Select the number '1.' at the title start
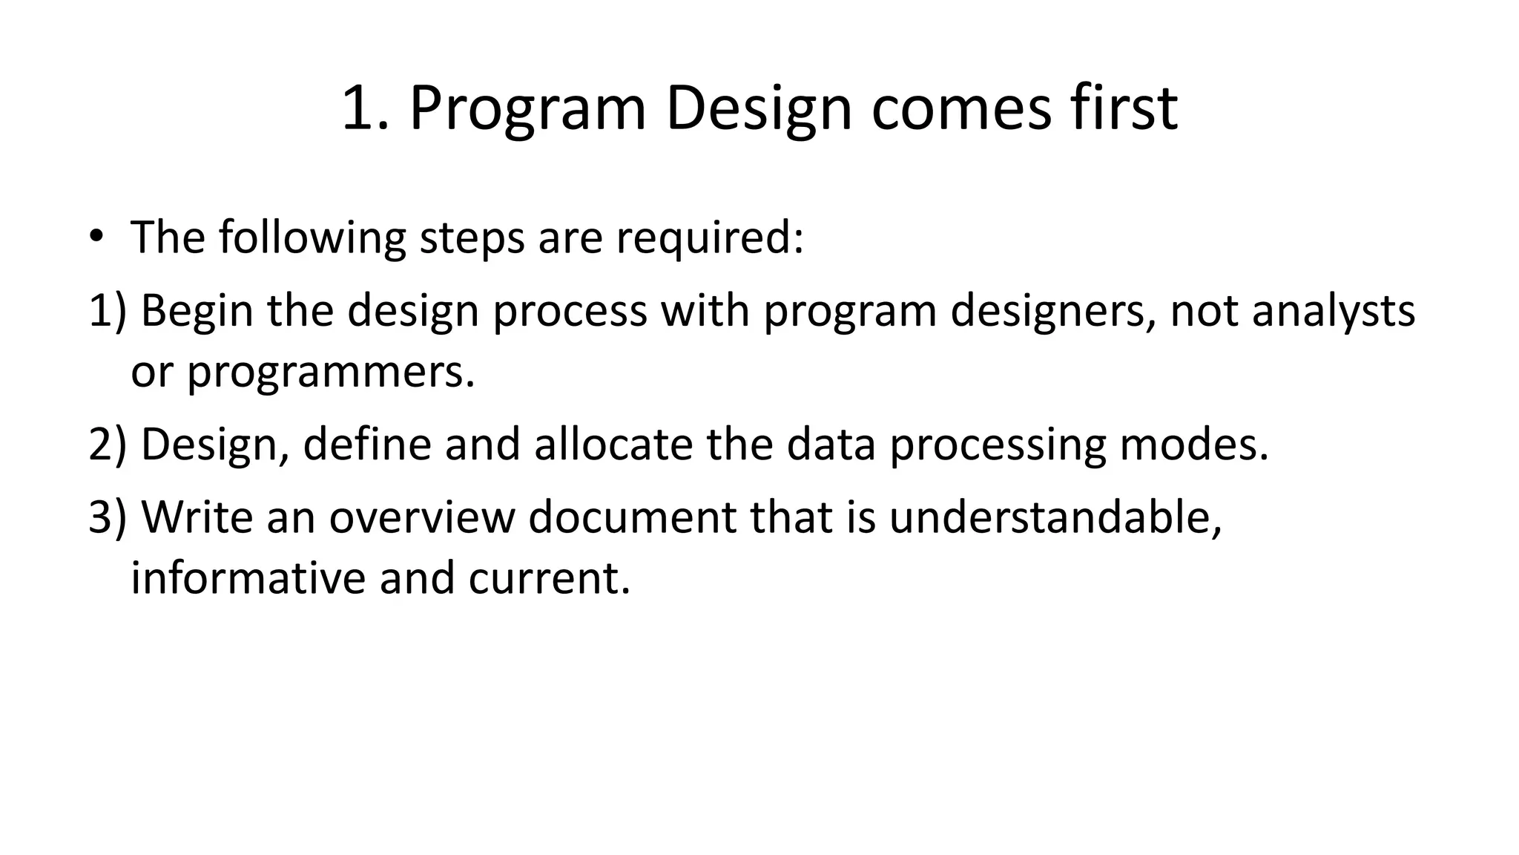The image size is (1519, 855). (365, 108)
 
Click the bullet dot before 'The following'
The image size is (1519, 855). (96, 237)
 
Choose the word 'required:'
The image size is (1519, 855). (710, 238)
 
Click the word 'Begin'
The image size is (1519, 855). (197, 310)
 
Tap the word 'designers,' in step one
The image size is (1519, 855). (1052, 310)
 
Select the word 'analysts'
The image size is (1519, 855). (1333, 310)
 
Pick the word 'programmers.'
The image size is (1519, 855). (330, 371)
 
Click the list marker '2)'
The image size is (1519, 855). (108, 444)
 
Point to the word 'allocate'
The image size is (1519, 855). (613, 444)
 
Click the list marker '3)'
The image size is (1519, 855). (108, 517)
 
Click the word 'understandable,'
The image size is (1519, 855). (1055, 517)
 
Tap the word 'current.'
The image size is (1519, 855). (549, 577)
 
